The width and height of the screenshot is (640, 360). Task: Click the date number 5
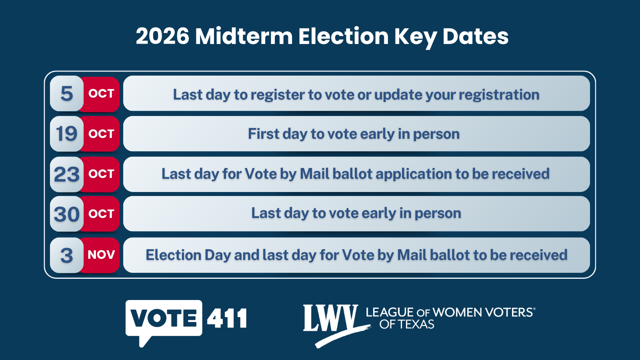click(x=67, y=94)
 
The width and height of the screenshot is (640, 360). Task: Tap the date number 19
click(x=66, y=134)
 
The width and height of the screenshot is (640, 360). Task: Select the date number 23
click(x=66, y=174)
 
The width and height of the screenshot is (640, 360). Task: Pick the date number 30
click(x=66, y=214)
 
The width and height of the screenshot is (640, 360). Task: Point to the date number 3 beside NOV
click(x=67, y=256)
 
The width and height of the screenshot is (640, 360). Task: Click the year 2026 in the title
click(x=162, y=36)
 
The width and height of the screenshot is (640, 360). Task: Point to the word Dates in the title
click(x=476, y=36)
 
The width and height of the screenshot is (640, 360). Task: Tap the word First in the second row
click(x=264, y=134)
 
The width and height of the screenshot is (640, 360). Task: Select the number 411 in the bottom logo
click(x=227, y=318)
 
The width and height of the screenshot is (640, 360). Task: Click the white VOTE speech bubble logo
click(x=164, y=318)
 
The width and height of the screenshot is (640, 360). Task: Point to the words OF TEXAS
click(x=407, y=324)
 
